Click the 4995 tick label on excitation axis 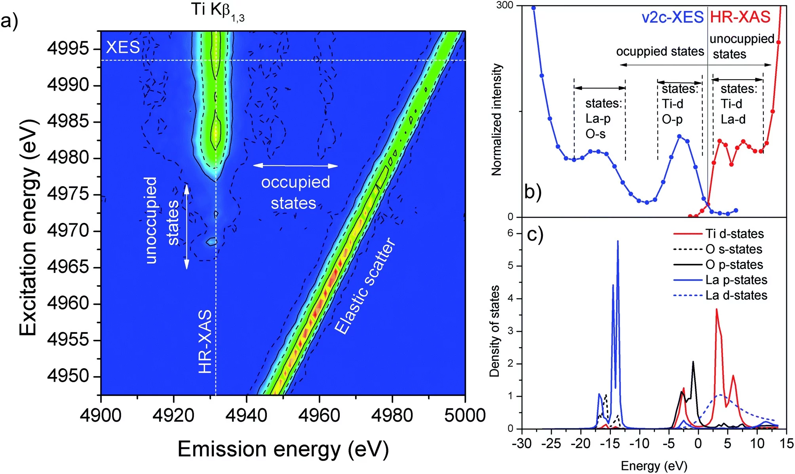coord(68,48)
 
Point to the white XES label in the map coord(123,48)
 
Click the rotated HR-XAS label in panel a coord(205,341)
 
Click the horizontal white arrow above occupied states coord(295,166)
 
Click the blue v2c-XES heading coord(672,17)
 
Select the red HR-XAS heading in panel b coord(740,17)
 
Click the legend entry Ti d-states coord(734,234)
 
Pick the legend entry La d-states coord(736,295)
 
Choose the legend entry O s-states coord(733,249)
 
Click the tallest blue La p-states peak coord(618,242)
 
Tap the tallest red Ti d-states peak coord(717,310)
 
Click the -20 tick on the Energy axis coord(580,444)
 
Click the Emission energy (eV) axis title coord(283,449)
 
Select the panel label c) coord(535,234)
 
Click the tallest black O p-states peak coord(693,362)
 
